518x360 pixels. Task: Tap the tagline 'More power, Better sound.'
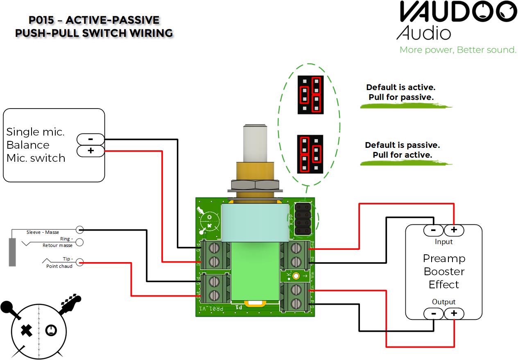[458, 50]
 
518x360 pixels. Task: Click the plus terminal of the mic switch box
[90, 151]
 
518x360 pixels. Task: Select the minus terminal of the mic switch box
[90, 139]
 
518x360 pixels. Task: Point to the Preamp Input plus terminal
[454, 230]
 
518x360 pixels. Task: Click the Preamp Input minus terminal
[433, 230]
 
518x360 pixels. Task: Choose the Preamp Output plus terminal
[454, 314]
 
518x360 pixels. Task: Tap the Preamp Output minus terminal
[433, 314]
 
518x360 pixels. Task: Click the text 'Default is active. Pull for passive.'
[400, 93]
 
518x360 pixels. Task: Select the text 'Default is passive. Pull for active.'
[402, 150]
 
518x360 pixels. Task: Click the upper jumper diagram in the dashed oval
[310, 95]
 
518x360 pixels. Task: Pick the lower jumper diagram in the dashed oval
[310, 153]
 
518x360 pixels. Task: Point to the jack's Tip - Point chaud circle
[79, 262]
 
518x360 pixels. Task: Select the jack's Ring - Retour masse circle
[79, 242]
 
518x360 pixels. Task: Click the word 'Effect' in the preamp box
[444, 284]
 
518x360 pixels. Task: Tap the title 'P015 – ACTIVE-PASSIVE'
[94, 20]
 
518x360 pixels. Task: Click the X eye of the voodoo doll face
[27, 330]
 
